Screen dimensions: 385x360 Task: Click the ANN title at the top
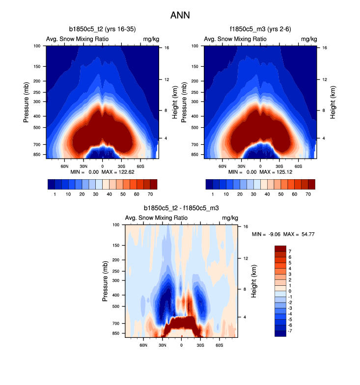180,15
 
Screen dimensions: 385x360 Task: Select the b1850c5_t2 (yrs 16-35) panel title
102,30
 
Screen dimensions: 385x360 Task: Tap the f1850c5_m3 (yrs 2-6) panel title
259,30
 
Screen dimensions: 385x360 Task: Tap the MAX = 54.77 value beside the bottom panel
300,234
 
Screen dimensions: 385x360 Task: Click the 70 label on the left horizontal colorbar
150,194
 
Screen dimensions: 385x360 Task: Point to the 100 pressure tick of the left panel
37,46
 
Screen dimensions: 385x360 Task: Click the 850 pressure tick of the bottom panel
116,333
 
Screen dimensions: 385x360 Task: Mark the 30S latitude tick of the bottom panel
200,345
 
